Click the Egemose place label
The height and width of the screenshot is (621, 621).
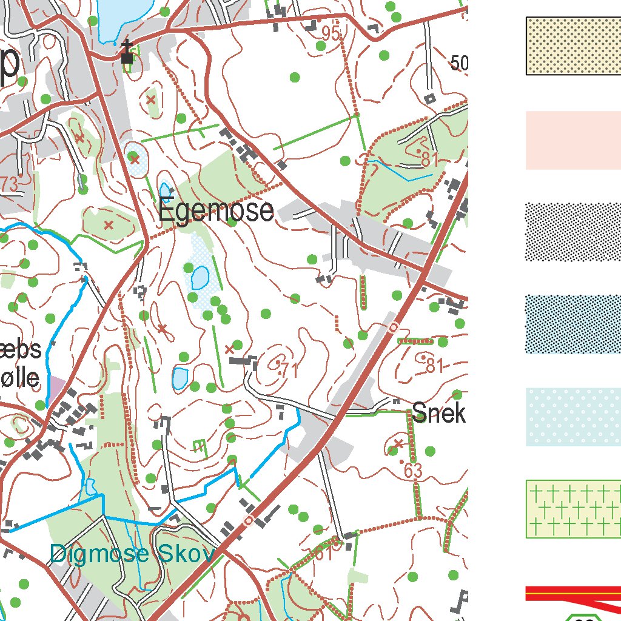point(216,211)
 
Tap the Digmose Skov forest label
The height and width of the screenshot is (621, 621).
point(132,554)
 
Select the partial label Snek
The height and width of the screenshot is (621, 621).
point(438,414)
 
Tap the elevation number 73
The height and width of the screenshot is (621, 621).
point(10,185)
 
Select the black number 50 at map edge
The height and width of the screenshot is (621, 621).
point(460,63)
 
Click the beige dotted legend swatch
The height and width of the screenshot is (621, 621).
point(573,46)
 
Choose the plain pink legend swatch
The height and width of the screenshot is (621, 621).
point(573,140)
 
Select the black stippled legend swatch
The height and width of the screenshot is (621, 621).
point(573,232)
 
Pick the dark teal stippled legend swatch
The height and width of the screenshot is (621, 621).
point(573,324)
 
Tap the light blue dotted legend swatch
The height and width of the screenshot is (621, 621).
point(573,417)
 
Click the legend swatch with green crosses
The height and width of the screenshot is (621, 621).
point(573,509)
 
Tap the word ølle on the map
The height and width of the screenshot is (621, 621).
point(21,379)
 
